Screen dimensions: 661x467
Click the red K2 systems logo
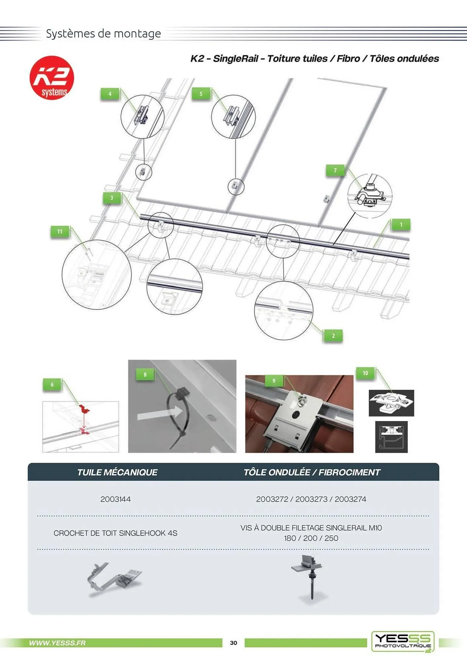tap(52, 78)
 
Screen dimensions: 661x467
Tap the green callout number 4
tap(110, 94)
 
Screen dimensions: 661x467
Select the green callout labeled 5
tap(201, 94)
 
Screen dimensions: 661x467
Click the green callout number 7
tap(335, 170)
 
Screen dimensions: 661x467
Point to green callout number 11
tap(60, 231)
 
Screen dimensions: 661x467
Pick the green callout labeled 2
tap(333, 336)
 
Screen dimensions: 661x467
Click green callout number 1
tap(401, 225)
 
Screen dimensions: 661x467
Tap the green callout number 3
tap(112, 198)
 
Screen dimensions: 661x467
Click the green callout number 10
tap(365, 373)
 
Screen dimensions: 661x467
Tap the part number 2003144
tap(116, 499)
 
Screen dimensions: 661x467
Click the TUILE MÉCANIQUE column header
tap(117, 472)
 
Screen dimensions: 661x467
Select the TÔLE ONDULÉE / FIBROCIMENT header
tap(312, 472)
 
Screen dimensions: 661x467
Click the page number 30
tap(234, 643)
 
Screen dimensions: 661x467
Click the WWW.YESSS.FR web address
tap(57, 643)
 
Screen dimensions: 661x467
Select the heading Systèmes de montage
tap(103, 33)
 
